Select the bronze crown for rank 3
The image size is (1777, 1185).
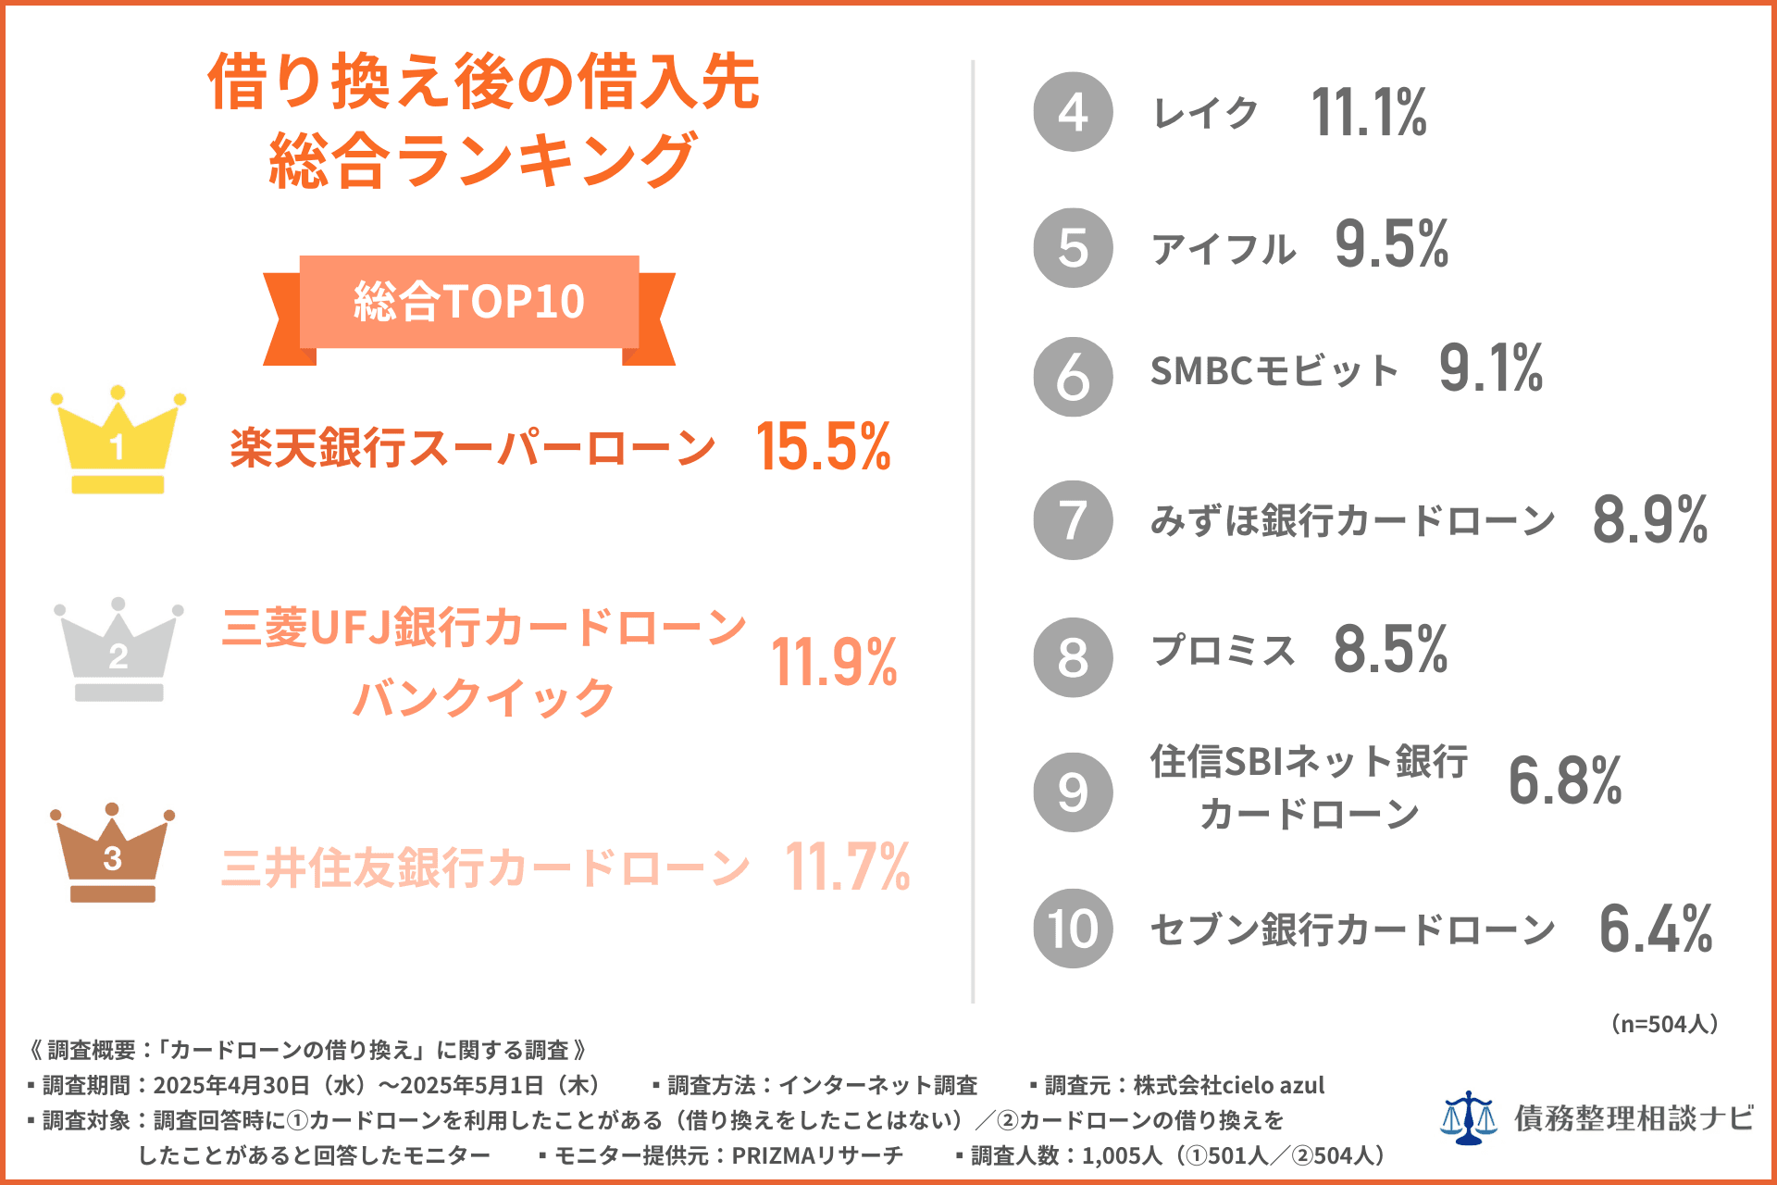[112, 853]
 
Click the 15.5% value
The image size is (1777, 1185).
[823, 447]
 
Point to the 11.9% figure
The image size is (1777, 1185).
[834, 663]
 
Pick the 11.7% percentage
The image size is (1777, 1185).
[847, 867]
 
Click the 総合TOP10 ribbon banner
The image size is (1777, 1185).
[469, 303]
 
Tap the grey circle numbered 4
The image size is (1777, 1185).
[1073, 112]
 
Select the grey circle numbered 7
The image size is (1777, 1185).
[1073, 520]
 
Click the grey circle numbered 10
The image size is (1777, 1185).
[1073, 929]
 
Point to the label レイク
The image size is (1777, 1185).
[1205, 113]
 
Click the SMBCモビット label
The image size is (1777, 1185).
[1274, 371]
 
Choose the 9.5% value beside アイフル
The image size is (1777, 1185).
[1391, 245]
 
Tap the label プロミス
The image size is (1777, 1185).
[1223, 651]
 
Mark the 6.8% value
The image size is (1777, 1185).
[1565, 780]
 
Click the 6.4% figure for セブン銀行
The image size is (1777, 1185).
[1656, 929]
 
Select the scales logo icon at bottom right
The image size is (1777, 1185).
[1468, 1117]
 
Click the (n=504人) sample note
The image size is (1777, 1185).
[1664, 1024]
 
